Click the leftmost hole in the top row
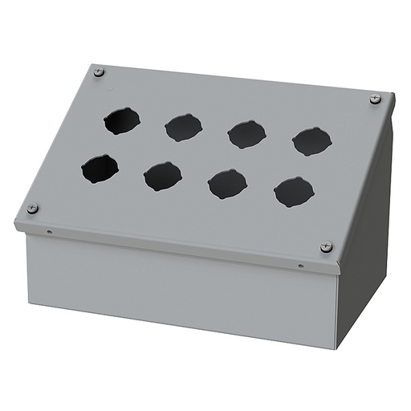[121, 120]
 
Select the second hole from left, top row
[183, 127]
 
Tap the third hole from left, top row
[246, 133]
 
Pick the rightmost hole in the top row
[311, 141]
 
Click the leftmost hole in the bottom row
[100, 169]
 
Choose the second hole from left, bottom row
[163, 176]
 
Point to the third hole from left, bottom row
[228, 184]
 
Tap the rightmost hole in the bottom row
[294, 192]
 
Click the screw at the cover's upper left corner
[99, 72]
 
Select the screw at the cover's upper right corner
[375, 99]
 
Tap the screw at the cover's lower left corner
[32, 209]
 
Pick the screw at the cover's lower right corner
[326, 247]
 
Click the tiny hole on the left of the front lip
[50, 233]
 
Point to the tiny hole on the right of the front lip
[301, 266]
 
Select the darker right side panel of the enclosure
[365, 241]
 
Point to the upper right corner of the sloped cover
[393, 95]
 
